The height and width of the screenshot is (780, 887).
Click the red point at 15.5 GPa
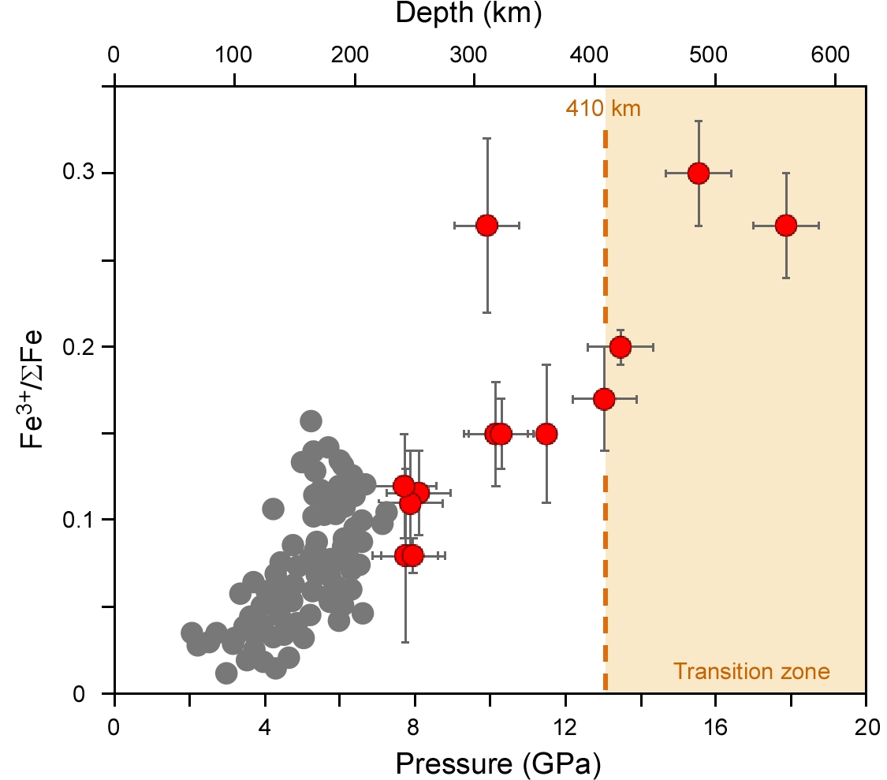click(x=699, y=173)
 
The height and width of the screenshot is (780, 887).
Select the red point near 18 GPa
click(x=786, y=226)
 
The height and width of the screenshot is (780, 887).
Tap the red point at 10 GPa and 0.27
click(x=486, y=226)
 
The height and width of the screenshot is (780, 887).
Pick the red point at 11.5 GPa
click(x=546, y=434)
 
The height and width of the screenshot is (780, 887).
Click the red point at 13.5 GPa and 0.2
click(x=621, y=346)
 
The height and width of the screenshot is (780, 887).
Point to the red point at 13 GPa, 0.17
click(x=604, y=399)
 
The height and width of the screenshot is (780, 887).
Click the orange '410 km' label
click(x=603, y=108)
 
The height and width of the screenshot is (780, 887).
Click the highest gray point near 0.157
click(x=311, y=420)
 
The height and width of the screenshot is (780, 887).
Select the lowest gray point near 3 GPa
click(x=226, y=673)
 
